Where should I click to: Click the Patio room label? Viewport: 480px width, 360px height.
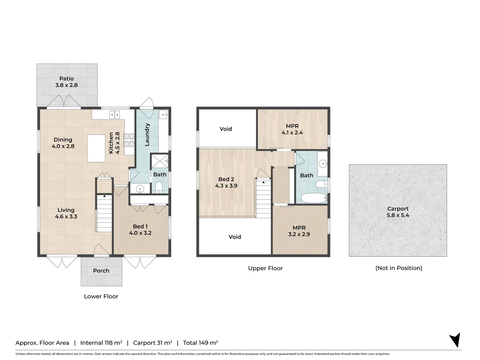click(x=66, y=79)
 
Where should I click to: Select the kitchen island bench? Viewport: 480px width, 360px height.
click(x=96, y=148)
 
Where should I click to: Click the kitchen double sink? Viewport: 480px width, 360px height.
click(x=115, y=114)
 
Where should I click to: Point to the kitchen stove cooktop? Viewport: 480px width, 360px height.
click(x=129, y=140)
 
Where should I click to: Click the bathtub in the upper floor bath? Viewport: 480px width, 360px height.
click(x=314, y=198)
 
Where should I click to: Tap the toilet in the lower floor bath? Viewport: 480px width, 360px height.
click(x=159, y=187)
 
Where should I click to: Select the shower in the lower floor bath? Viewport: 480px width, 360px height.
click(x=160, y=161)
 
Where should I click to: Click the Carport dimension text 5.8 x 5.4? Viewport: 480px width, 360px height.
click(x=398, y=215)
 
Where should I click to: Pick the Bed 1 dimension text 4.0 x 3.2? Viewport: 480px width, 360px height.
click(x=140, y=233)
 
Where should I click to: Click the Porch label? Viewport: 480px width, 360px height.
click(x=101, y=271)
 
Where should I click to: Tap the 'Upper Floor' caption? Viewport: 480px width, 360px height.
click(x=265, y=268)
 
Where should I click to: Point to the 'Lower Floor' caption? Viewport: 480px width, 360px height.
click(x=101, y=296)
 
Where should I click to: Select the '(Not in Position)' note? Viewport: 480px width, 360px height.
click(x=399, y=268)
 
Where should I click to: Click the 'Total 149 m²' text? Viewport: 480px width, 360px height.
click(x=200, y=343)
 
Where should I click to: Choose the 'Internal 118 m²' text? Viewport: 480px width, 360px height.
click(x=101, y=343)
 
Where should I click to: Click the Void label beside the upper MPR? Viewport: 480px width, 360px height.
click(x=226, y=129)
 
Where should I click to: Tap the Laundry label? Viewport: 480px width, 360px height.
click(x=147, y=135)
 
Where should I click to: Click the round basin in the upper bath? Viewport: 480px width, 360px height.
click(x=323, y=163)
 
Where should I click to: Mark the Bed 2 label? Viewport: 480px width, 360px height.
click(x=226, y=179)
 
